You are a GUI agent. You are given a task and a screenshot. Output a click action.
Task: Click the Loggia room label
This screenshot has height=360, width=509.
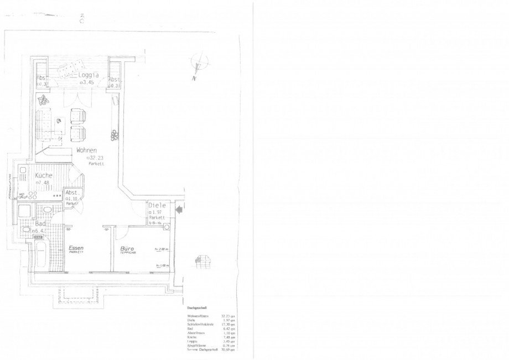point(89,75)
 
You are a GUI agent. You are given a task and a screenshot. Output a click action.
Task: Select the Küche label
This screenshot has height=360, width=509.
point(44,175)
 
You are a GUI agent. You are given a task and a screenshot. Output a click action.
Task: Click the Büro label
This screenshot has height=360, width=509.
point(128,249)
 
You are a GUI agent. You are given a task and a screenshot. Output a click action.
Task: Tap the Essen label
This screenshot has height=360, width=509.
point(76,249)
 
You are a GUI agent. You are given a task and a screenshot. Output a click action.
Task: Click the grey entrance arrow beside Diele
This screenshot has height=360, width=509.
point(179,209)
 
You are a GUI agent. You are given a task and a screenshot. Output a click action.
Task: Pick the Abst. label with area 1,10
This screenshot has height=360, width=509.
point(73,193)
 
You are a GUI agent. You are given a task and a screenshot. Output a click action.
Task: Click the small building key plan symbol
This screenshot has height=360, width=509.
point(202,260)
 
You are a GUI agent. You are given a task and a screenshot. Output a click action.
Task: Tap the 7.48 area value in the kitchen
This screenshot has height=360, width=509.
point(44,182)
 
